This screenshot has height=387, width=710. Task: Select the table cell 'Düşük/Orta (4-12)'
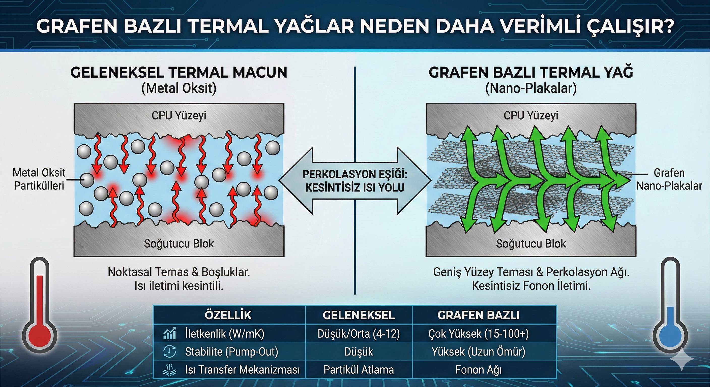[x=359, y=334]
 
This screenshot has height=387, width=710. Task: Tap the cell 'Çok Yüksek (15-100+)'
[x=479, y=334]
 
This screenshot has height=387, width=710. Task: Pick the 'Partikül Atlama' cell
[x=359, y=370]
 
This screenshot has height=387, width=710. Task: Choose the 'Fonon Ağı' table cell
[x=479, y=370]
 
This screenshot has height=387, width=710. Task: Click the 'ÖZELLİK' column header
[x=228, y=315]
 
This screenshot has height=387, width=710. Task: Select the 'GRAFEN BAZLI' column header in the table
[x=479, y=315]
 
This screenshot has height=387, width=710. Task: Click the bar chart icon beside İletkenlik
[x=169, y=333]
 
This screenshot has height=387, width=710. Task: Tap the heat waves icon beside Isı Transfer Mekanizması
[x=169, y=370]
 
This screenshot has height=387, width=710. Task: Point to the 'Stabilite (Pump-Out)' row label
[x=231, y=352]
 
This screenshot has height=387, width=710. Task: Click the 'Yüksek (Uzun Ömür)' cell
[x=479, y=352]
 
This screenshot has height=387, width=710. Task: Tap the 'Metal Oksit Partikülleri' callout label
[x=39, y=179]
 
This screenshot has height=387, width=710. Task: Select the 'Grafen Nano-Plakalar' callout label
[x=669, y=179]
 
